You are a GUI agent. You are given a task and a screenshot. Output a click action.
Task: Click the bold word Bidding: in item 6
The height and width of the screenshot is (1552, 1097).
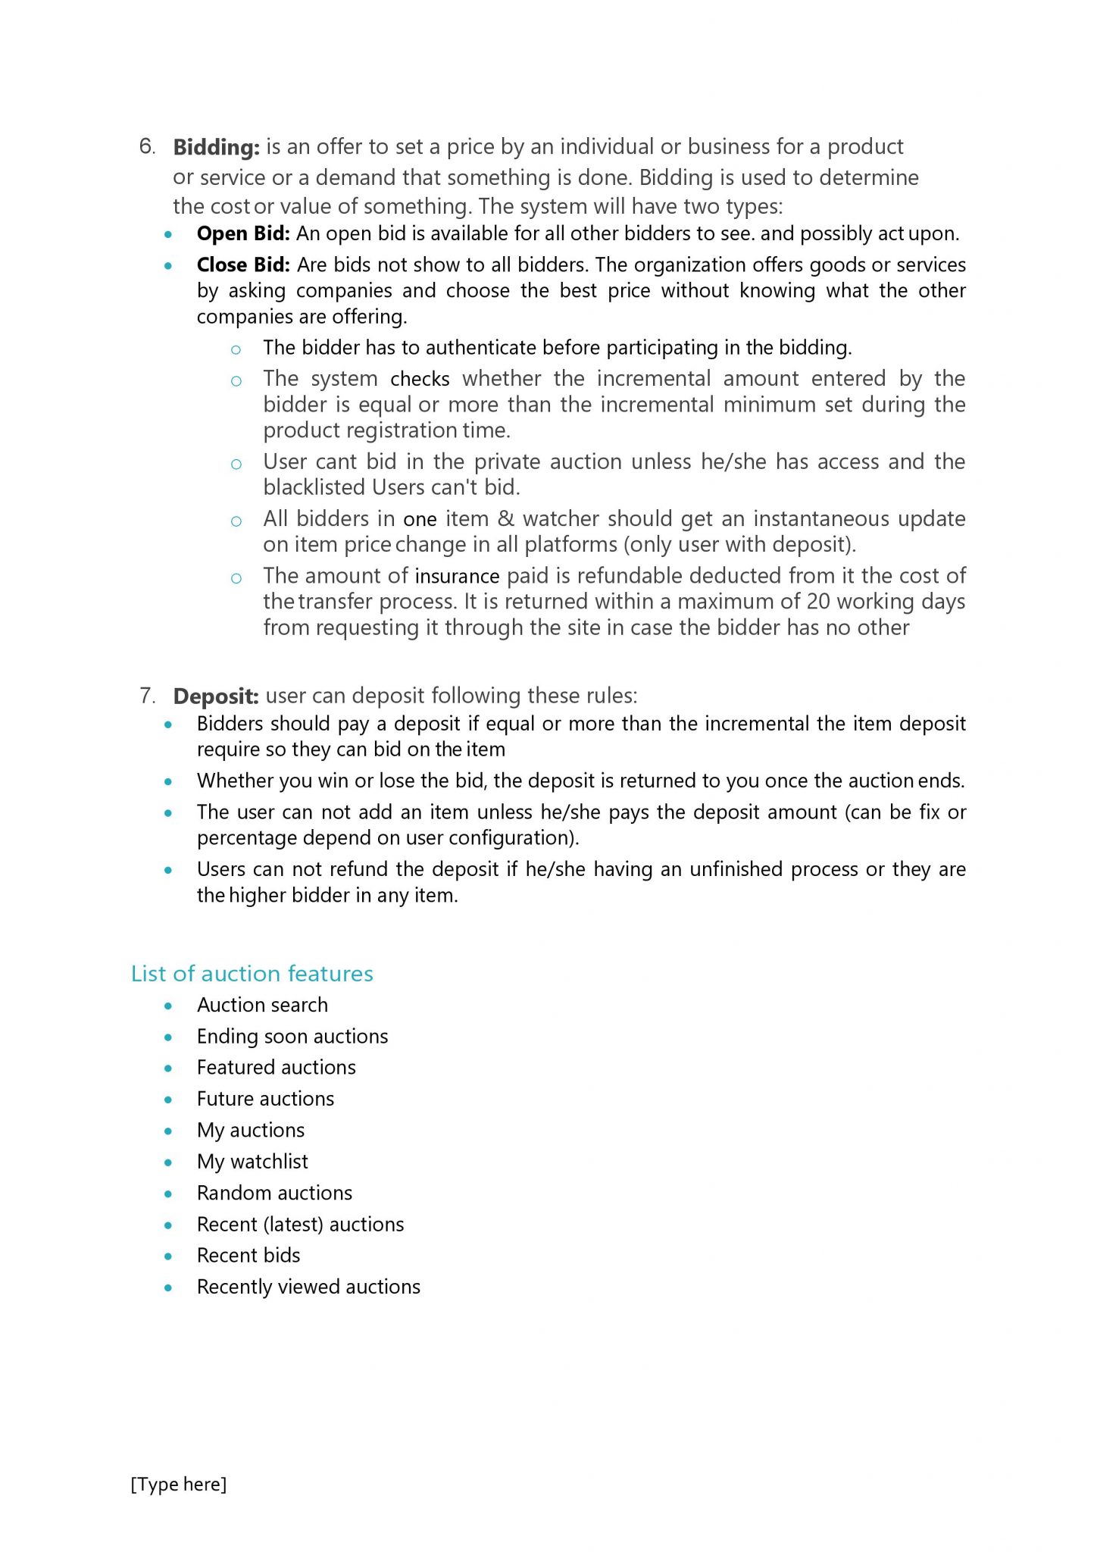tap(216, 147)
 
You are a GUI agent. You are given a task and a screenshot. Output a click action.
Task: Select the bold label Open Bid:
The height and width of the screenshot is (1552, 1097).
tap(243, 234)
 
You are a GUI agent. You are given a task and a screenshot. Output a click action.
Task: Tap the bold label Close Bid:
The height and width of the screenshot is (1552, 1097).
tap(243, 265)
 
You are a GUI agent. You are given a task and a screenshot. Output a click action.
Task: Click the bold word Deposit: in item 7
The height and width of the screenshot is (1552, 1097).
tap(216, 696)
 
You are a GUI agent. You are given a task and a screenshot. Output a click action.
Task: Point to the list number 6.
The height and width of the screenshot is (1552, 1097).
tap(147, 146)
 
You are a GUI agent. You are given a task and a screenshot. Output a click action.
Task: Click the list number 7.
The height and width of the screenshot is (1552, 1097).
tap(147, 696)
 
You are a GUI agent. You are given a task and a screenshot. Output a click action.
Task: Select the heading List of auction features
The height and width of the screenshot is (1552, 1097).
tap(252, 974)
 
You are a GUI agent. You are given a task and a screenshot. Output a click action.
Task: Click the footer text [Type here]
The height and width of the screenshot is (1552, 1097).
tap(179, 1485)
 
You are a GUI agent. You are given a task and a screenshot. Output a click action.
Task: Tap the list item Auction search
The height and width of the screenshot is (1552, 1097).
tap(262, 1006)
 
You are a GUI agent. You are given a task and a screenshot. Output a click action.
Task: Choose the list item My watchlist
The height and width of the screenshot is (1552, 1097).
tap(252, 1162)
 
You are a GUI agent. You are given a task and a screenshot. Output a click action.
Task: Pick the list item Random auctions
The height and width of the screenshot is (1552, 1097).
tap(274, 1194)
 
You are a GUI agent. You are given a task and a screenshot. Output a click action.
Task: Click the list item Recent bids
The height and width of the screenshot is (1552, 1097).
tap(248, 1256)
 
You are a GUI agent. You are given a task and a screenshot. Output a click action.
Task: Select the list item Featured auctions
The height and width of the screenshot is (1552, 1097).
tap(276, 1068)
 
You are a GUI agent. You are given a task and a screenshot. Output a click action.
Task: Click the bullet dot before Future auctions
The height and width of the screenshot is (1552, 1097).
tap(168, 1100)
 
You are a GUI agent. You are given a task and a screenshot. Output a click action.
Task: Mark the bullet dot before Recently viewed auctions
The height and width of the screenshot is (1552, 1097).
tap(168, 1288)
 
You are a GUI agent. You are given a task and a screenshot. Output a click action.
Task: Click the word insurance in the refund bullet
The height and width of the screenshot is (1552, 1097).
tap(457, 577)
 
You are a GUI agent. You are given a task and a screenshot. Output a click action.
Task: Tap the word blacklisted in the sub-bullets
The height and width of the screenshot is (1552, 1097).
tap(314, 487)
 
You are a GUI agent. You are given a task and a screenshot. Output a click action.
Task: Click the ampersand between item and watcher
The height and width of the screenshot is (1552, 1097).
tap(505, 519)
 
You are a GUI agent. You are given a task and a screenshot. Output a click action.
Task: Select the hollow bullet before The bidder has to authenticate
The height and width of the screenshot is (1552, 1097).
tap(236, 349)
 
